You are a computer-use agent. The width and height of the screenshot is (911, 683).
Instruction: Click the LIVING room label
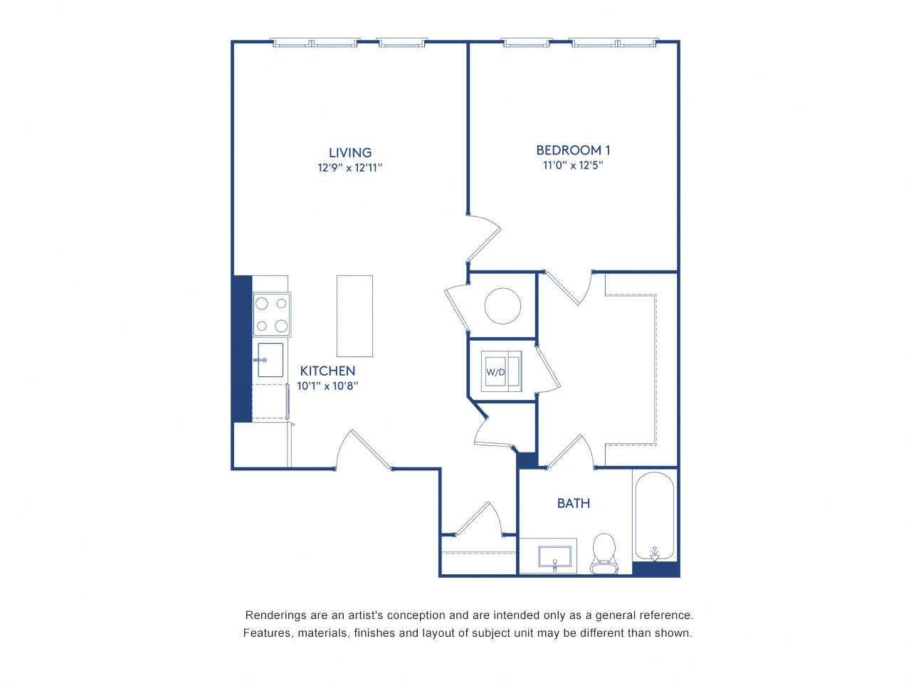[349, 152]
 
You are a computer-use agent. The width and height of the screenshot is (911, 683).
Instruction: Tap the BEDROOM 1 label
[573, 150]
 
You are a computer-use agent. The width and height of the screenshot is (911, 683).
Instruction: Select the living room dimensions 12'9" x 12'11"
[349, 168]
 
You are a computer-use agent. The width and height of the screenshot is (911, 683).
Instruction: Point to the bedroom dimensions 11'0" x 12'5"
[573, 165]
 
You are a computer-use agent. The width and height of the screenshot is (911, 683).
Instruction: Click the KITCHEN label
[327, 371]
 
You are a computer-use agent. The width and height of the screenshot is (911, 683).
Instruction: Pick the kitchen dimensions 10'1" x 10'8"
[327, 386]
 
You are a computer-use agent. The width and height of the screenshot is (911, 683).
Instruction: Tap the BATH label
[573, 503]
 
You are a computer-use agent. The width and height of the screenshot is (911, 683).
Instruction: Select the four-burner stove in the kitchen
[272, 314]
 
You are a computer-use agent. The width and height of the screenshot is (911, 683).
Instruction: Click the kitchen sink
[270, 360]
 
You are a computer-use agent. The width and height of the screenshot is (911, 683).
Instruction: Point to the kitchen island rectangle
[354, 316]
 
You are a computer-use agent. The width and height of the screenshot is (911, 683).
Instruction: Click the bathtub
[654, 516]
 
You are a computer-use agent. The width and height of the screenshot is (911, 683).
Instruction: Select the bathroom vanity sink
[555, 557]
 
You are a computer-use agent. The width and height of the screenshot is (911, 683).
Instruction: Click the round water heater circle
[502, 306]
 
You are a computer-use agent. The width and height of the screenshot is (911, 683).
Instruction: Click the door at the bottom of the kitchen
[363, 448]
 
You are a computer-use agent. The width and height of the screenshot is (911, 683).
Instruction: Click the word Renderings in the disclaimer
[275, 615]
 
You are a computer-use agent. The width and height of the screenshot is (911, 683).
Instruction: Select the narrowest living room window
[402, 43]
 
